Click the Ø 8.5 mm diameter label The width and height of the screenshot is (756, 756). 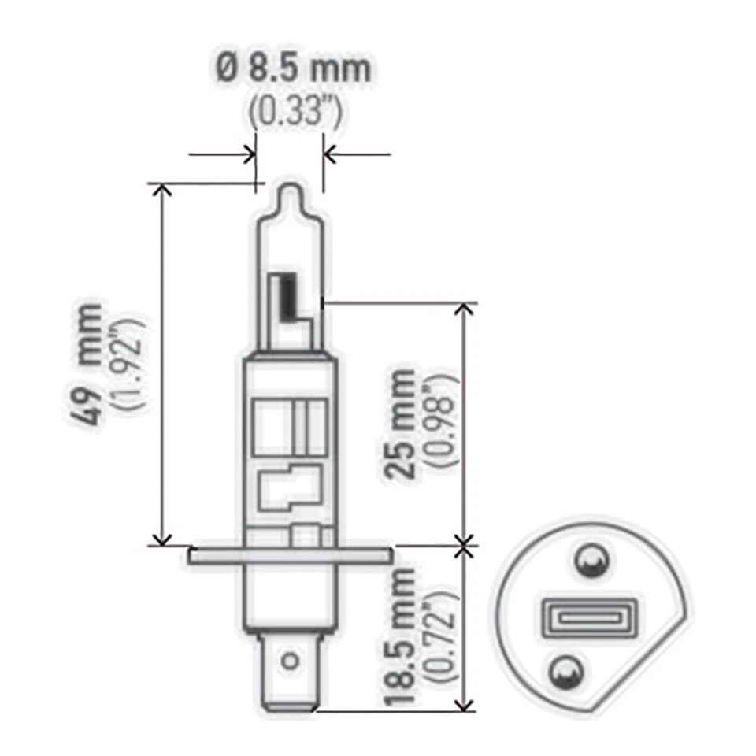[293, 69]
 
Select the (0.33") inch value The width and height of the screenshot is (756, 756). [295, 113]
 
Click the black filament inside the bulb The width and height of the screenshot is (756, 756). [289, 295]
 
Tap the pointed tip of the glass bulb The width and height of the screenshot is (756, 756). [291, 189]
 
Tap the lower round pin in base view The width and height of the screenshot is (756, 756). [565, 670]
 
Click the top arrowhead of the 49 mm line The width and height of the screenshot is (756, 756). [162, 190]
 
